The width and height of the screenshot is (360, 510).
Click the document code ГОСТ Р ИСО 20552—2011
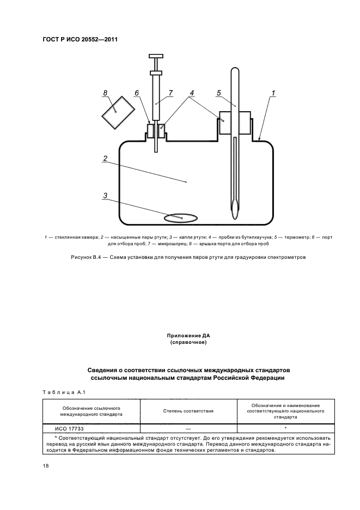80,39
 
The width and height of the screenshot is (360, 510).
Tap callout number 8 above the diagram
105,93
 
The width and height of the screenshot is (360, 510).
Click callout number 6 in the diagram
137,93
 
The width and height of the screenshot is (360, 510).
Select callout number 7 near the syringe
170,93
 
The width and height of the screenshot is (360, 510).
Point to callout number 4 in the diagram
191,93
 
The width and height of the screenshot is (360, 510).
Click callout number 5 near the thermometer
218,93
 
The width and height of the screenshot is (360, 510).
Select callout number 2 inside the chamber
105,159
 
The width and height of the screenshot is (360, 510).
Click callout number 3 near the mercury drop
105,195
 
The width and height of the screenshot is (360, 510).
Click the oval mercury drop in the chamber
182,218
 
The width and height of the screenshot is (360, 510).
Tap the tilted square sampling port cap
118,113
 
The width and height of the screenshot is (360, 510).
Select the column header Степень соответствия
188,410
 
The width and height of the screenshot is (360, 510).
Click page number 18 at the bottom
46,467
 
